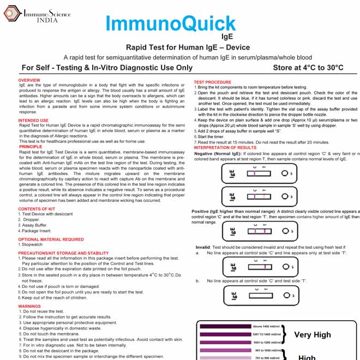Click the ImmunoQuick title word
(x=170, y=23)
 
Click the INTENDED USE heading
(x=33, y=120)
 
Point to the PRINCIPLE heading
(x=30, y=147)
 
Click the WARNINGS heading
(x=29, y=306)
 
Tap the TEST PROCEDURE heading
(x=213, y=82)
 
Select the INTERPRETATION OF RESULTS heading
(x=225, y=147)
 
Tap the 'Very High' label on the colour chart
(x=313, y=334)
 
